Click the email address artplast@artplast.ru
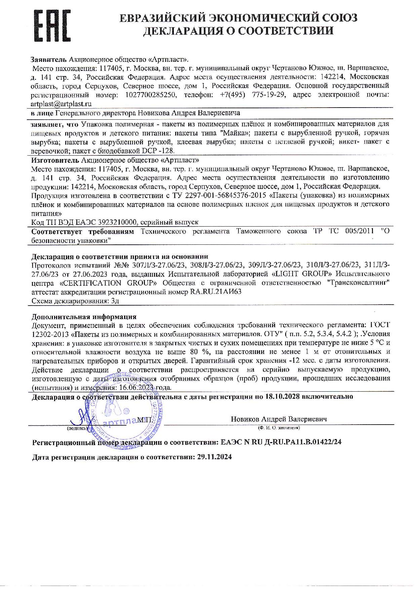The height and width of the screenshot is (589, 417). tap(61, 104)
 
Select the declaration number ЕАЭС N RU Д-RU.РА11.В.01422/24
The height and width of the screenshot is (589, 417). tap(281, 442)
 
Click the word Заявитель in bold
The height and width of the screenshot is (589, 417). tap(49, 60)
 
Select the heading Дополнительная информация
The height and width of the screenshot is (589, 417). tap(84, 317)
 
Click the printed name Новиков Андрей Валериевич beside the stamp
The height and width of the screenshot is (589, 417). tap(279, 419)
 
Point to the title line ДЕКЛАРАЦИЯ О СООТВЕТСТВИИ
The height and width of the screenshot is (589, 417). tap(238, 31)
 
